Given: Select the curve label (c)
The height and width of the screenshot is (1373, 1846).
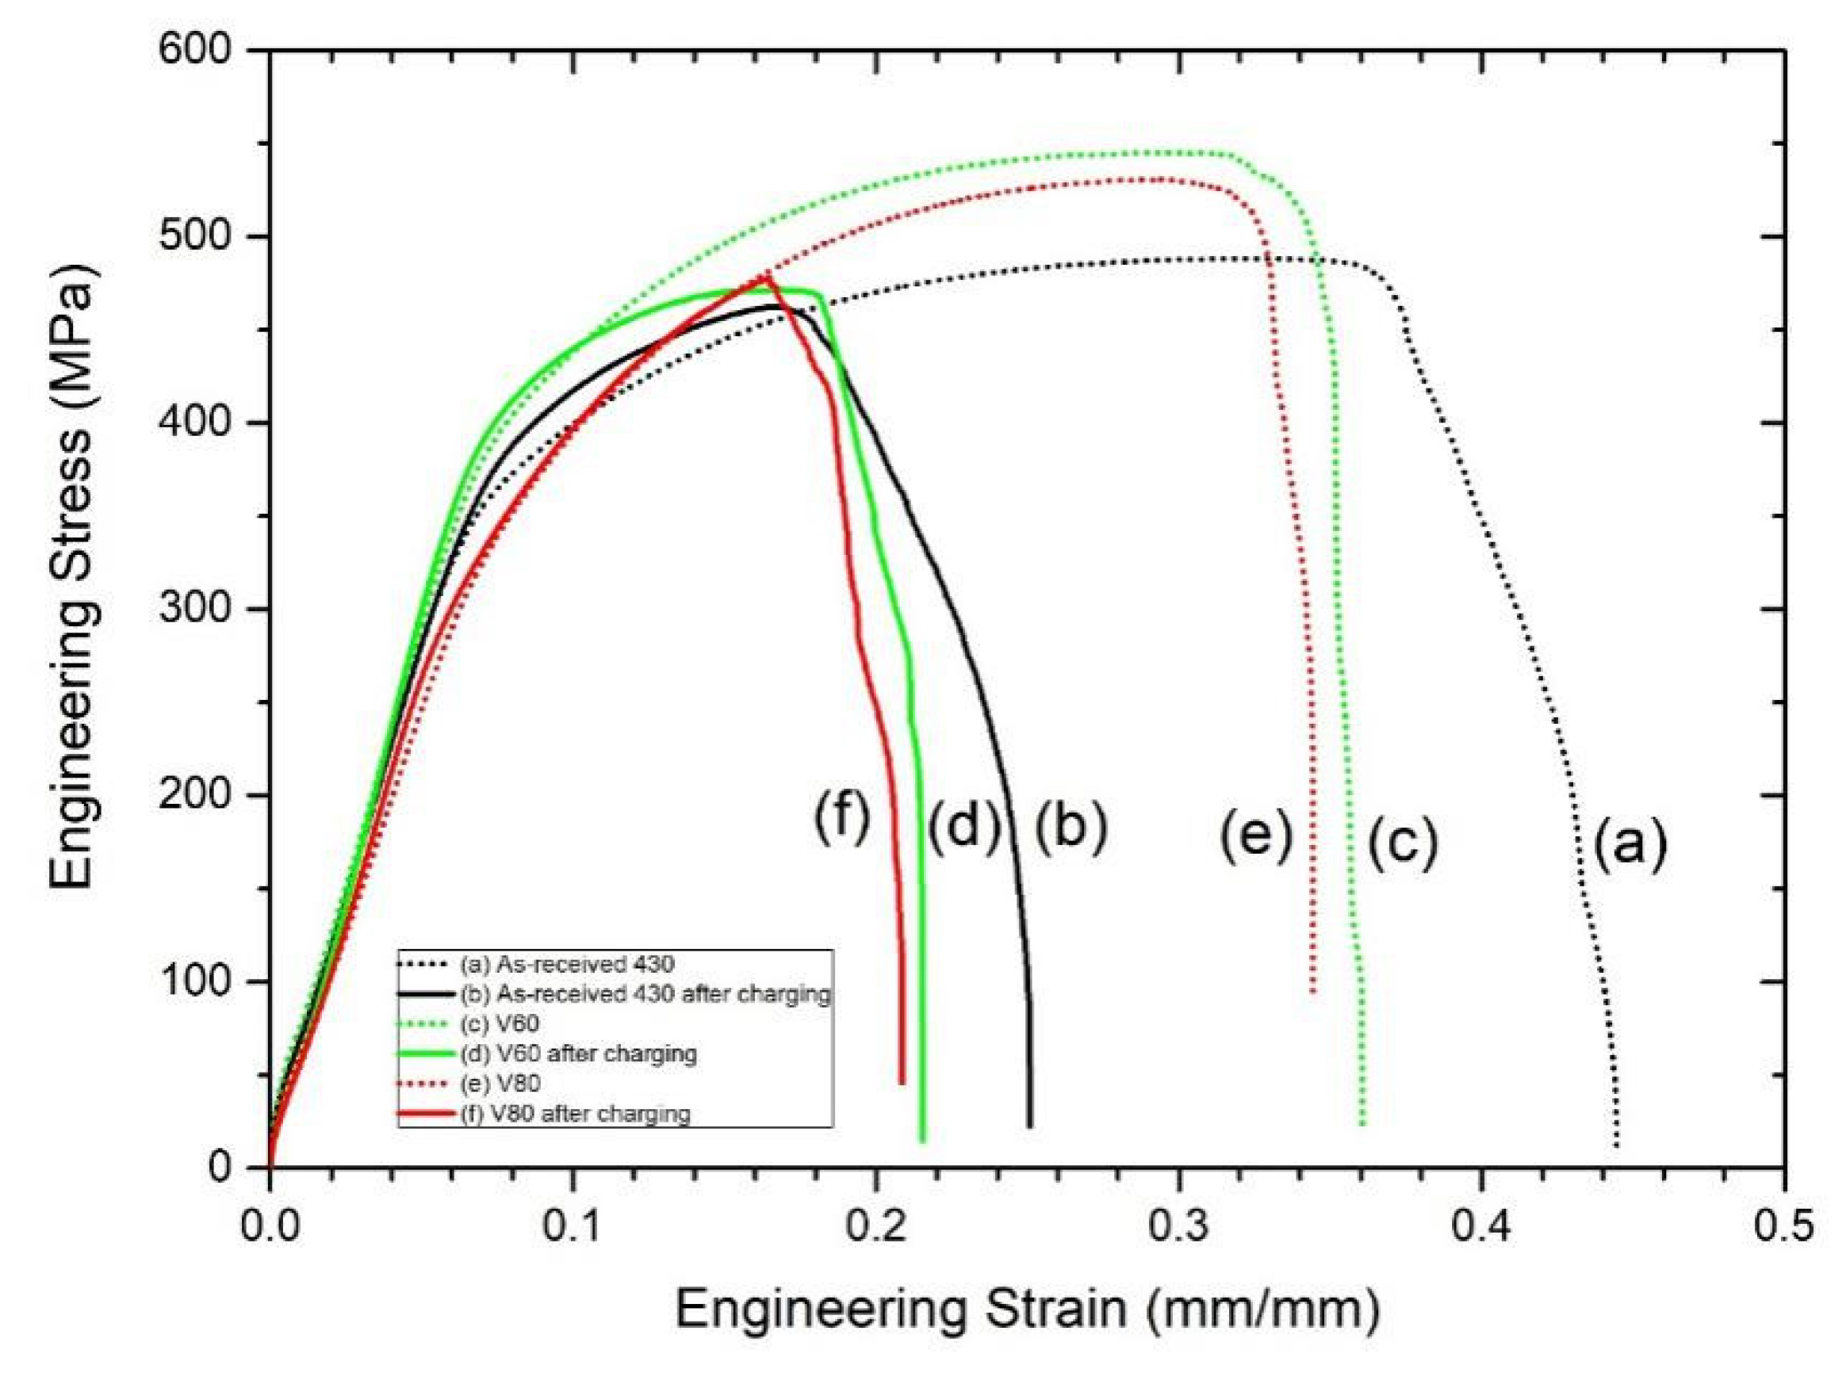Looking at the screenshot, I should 1403,843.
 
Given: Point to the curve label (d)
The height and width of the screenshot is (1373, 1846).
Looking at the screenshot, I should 963,828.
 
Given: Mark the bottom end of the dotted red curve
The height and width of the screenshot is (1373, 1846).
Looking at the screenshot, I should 1312,992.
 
